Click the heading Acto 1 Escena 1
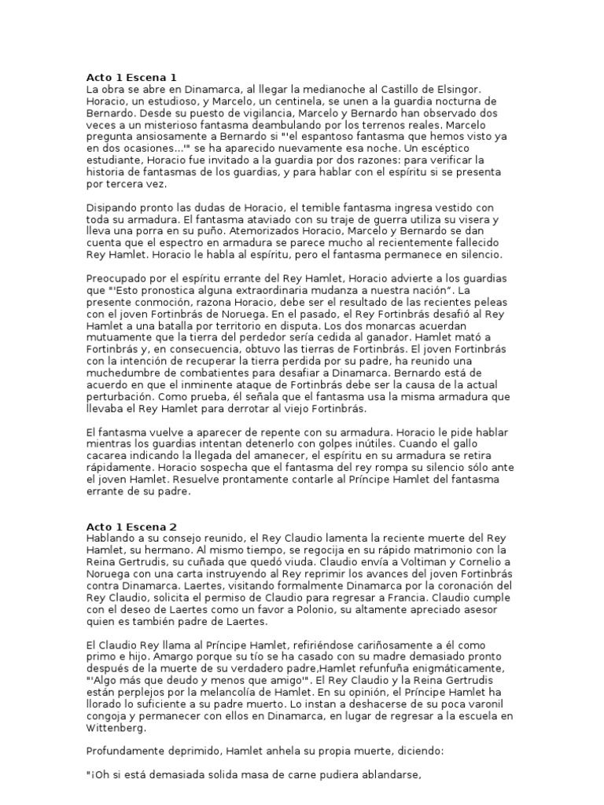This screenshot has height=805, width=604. (131, 77)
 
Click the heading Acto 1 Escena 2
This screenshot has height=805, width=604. (131, 526)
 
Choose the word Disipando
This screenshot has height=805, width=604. (112, 208)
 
